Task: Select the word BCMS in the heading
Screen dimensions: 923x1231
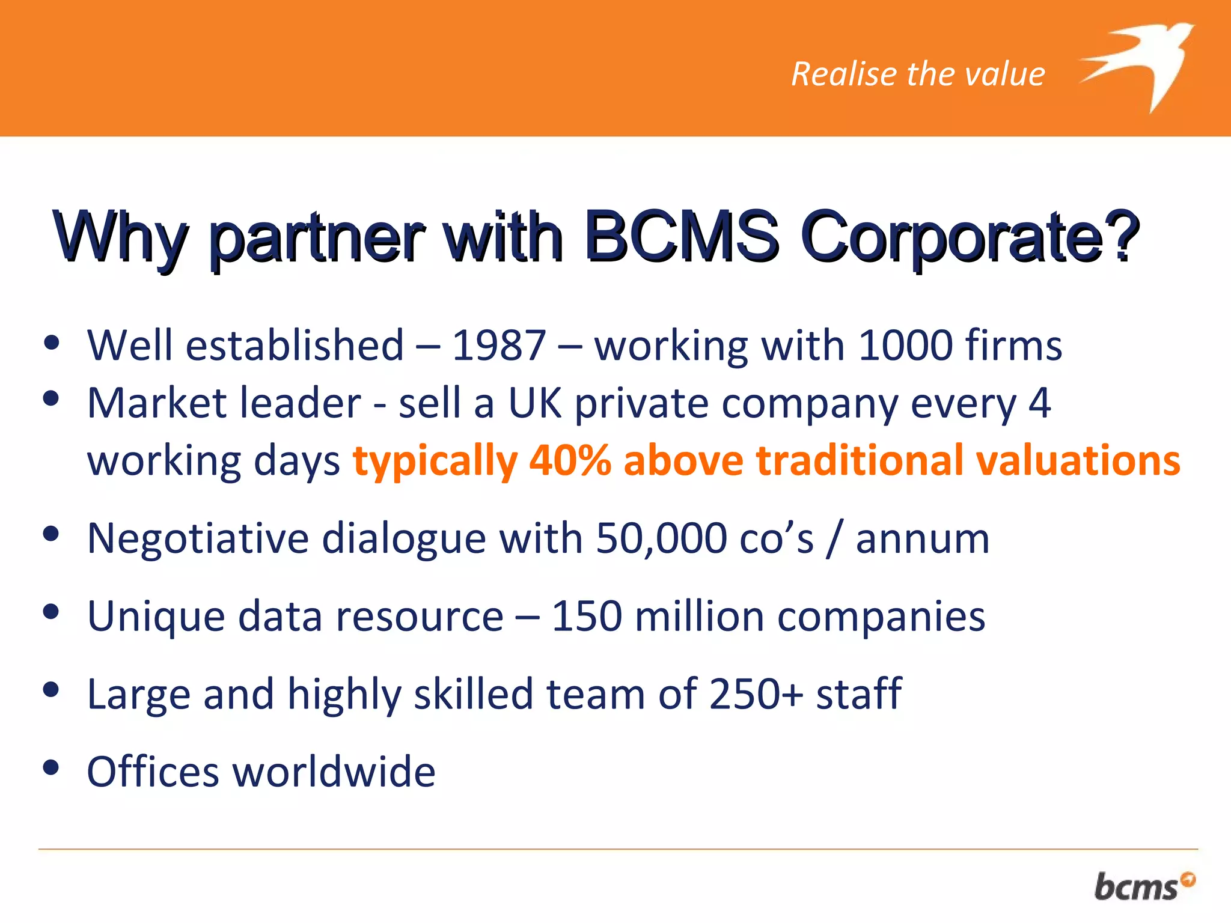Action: coord(681,237)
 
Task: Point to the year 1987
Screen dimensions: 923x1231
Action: coord(498,346)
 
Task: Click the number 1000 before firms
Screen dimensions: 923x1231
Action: coord(905,346)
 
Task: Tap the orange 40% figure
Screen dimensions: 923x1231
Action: coord(570,461)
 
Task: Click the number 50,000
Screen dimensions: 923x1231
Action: coord(661,538)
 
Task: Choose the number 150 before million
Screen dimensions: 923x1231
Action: coord(587,617)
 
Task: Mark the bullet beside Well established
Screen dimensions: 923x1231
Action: coord(52,342)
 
